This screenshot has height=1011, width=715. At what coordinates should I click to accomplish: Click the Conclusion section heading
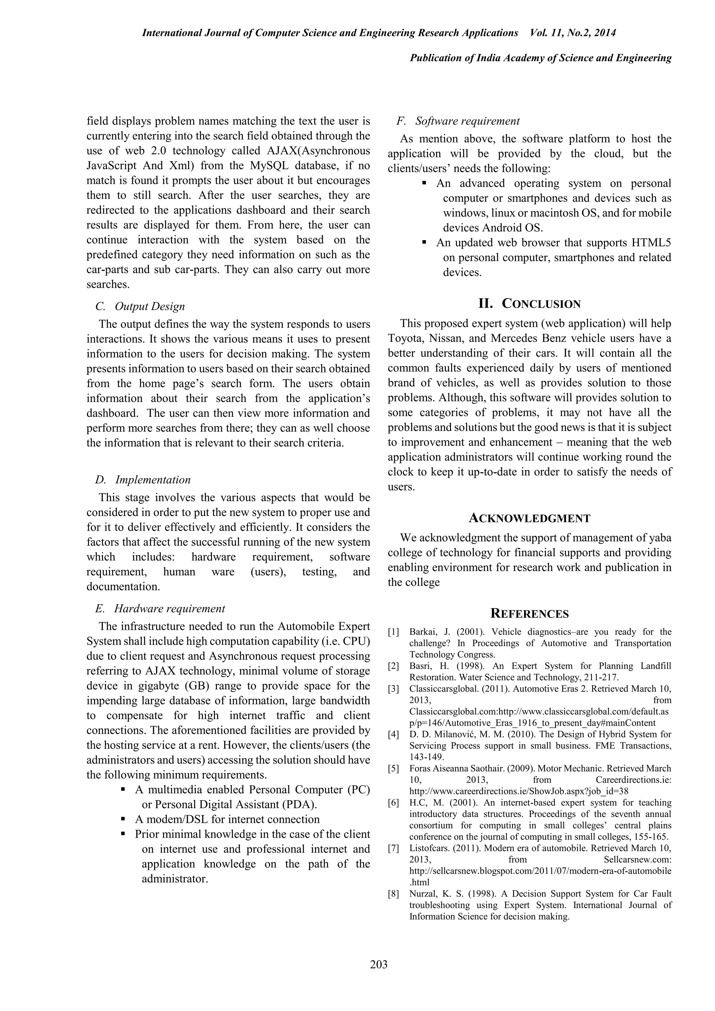pos(529,304)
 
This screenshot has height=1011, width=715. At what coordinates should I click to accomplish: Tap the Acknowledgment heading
pos(529,518)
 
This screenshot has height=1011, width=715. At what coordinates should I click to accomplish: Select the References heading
pos(529,614)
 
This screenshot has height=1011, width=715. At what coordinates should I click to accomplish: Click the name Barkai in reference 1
pos(421,632)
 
